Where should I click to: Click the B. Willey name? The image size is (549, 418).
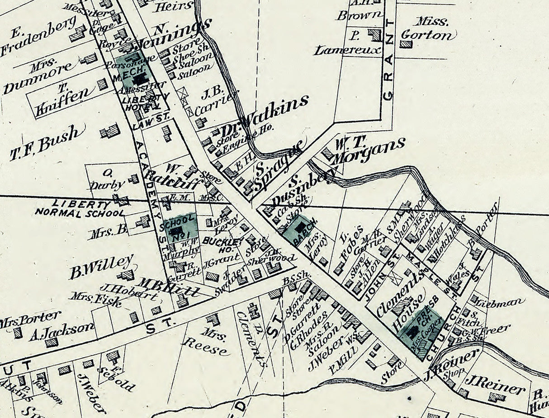click(101, 266)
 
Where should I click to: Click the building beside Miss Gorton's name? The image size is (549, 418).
click(406, 44)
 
